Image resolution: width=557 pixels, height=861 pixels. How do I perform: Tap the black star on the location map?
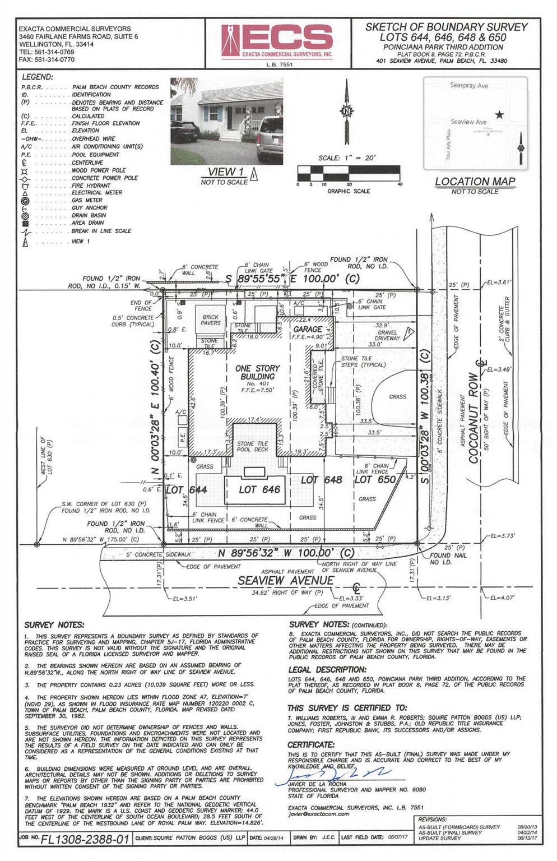tap(499, 115)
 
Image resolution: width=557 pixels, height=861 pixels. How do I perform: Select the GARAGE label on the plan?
tap(307, 330)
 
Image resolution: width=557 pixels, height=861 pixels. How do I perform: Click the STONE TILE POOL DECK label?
tap(253, 446)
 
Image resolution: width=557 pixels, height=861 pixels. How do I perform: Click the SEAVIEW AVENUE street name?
tap(286, 581)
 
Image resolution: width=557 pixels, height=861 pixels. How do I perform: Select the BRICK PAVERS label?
tap(211, 320)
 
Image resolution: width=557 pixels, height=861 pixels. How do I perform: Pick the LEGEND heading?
tap(37, 77)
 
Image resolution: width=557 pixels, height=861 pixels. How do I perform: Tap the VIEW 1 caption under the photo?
tap(225, 172)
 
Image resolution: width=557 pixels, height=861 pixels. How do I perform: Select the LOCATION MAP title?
tap(475, 182)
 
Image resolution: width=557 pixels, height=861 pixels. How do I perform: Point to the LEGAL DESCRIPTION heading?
tap(327, 670)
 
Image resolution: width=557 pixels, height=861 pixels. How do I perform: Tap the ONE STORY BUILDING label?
tap(257, 372)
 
